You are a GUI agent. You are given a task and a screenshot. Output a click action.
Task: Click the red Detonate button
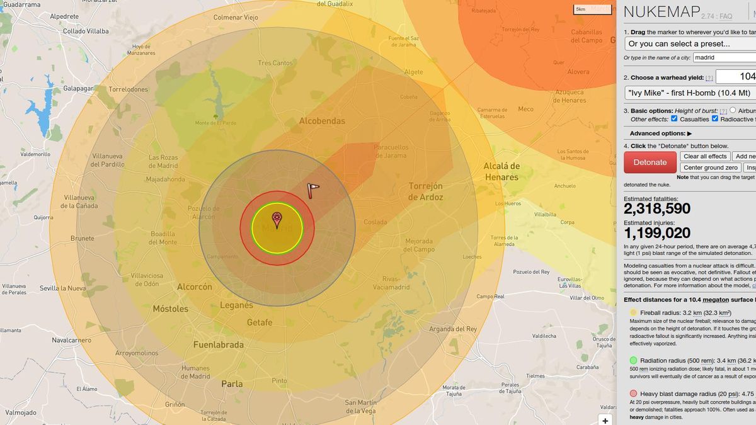650,162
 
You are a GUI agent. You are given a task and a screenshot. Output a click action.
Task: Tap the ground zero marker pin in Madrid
277,220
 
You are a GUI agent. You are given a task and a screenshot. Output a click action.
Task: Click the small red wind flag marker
313,190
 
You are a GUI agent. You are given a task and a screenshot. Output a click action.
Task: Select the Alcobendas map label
322,121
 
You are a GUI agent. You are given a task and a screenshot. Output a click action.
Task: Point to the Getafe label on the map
260,322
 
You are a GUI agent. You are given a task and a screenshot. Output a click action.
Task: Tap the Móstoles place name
171,309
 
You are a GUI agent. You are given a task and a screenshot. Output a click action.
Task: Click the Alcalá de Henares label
501,171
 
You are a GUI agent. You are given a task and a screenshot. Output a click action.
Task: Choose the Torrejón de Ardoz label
426,191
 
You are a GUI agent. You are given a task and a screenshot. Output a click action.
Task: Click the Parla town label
232,383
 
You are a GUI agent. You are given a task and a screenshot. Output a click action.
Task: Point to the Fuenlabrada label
219,345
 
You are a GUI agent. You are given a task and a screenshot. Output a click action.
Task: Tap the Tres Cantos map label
275,63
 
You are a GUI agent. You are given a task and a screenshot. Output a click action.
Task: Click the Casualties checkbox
674,119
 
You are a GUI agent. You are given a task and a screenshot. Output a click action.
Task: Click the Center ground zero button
710,167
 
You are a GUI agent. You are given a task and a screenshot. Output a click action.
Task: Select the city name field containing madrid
724,57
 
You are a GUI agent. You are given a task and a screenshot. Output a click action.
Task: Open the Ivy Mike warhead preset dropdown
690,93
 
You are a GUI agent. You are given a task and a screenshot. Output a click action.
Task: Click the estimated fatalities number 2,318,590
657,209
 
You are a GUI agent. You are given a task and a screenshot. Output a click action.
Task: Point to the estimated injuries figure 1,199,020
657,233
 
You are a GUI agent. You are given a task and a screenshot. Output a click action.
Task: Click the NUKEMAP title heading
662,12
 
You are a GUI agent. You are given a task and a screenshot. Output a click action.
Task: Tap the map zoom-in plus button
605,421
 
